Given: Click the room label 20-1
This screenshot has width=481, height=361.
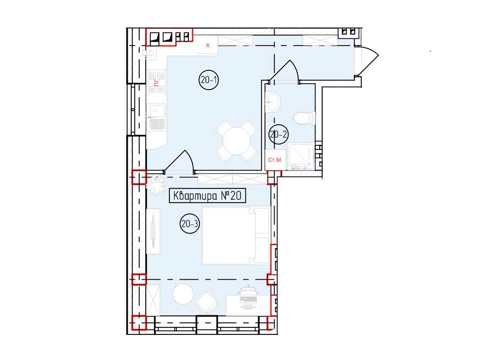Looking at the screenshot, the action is tap(208, 80).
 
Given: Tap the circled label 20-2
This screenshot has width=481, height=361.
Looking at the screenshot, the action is tap(279, 134).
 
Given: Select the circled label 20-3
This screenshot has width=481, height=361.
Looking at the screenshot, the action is tap(189, 224).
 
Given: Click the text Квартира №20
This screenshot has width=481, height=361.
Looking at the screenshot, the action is tap(207, 196).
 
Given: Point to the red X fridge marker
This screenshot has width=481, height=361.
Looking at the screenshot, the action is tap(207, 46).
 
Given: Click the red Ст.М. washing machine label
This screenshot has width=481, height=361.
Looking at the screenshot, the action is tap(275, 160).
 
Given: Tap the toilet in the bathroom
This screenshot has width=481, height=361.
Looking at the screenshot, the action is tap(304, 118).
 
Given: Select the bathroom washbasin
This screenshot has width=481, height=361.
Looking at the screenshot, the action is tap(273, 102).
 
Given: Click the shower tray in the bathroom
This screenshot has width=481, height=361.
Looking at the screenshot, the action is tap(301, 156).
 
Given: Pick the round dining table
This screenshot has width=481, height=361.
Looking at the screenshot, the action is tap(236, 141).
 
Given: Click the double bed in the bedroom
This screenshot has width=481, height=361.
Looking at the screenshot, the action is tap(235, 236).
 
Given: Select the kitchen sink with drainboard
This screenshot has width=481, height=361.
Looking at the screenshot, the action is tap(156, 117).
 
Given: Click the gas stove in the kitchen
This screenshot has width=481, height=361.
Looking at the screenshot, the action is tap(157, 82).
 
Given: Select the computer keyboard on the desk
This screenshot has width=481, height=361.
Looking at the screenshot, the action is tap(249, 300).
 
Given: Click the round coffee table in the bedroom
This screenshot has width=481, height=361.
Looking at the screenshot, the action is tap(183, 294).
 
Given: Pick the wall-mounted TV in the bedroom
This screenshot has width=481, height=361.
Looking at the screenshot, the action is tap(153, 231).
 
